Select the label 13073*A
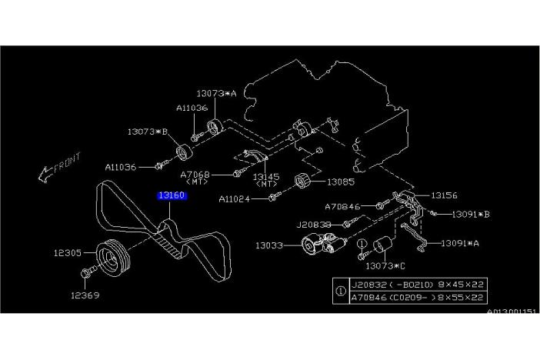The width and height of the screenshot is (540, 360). (218, 93)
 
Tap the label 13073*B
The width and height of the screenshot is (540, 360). (147, 132)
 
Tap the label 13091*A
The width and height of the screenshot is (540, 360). (459, 242)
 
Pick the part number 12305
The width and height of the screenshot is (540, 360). (68, 252)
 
